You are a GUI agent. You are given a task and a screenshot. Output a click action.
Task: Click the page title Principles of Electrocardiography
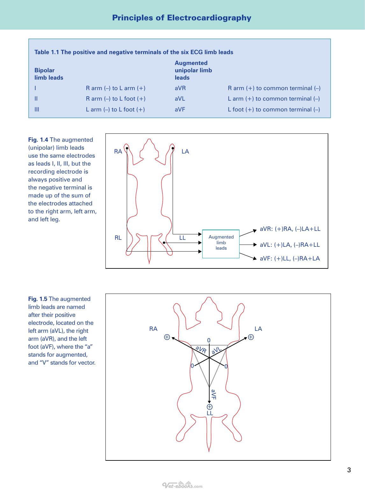[182, 18]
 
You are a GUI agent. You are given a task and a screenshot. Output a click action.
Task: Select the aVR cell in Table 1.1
[180, 88]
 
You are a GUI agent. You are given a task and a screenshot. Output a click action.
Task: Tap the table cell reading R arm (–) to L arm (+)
[116, 88]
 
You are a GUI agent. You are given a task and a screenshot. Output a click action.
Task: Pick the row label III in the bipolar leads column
[37, 109]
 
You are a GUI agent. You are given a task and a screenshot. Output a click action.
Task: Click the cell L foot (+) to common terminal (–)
[274, 109]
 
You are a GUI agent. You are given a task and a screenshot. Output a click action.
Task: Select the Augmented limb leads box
[221, 244]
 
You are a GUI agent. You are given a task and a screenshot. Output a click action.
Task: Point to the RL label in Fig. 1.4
[118, 238]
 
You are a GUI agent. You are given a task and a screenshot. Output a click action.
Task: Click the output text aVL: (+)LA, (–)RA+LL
[290, 245]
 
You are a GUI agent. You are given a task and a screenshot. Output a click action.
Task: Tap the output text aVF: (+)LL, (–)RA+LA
[290, 258]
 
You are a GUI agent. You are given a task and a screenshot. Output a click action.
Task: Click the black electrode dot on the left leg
[164, 243]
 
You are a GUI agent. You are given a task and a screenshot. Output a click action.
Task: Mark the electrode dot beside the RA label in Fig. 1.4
[127, 148]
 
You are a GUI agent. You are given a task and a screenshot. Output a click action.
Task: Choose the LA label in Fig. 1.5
[258, 329]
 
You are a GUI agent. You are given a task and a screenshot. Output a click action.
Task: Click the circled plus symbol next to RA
[167, 337]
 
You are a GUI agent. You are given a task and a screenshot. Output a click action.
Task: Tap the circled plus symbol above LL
[210, 407]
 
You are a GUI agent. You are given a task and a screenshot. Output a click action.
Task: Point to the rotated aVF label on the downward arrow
[213, 395]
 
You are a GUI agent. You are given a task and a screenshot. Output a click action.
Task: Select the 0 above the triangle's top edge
[209, 340]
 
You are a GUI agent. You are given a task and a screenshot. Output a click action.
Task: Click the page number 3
[349, 470]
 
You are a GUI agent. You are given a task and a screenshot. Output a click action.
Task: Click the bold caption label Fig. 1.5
[38, 299]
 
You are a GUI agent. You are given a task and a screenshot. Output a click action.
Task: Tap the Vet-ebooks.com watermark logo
[182, 485]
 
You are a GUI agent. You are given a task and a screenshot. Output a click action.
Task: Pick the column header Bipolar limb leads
[49, 74]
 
